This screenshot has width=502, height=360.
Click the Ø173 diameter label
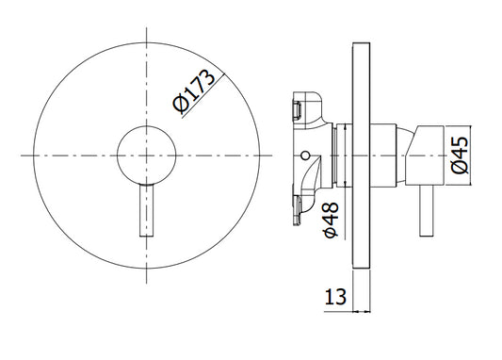click(x=194, y=91)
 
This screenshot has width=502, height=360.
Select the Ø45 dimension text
click(x=461, y=155)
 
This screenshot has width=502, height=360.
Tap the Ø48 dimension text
click(x=331, y=220)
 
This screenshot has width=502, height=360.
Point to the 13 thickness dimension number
click(x=335, y=297)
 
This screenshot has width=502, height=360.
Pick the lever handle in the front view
click(x=147, y=211)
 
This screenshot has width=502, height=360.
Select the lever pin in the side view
click(x=427, y=211)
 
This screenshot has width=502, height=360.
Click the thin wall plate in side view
click(x=361, y=155)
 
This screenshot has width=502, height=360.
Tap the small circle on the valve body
click(x=306, y=155)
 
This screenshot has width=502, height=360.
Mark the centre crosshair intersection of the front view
click(x=147, y=155)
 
